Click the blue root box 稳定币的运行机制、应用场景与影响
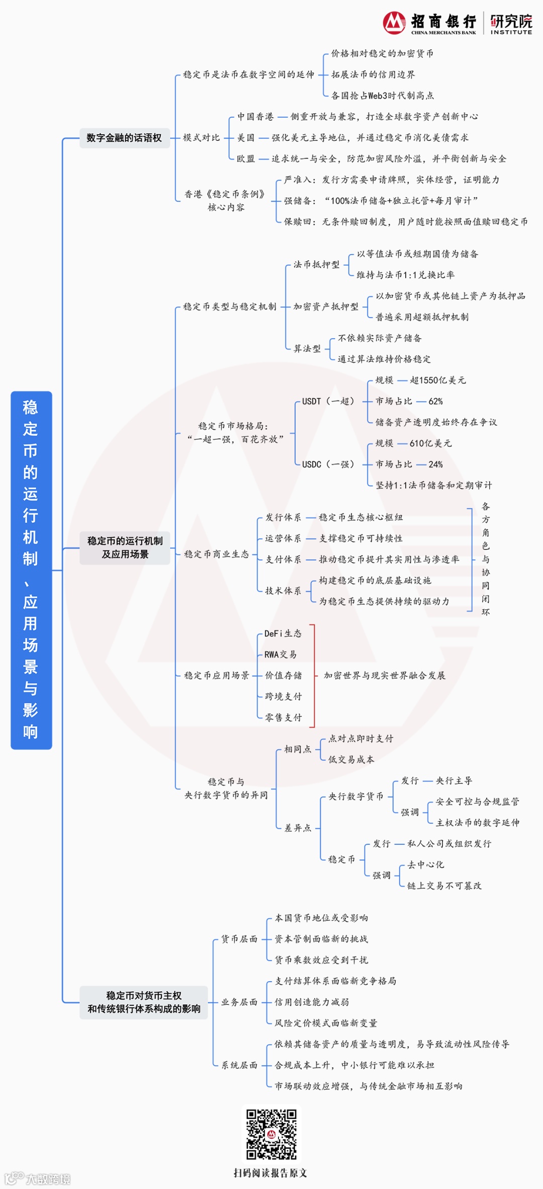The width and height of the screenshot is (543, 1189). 31,570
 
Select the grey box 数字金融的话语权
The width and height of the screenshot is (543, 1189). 124,138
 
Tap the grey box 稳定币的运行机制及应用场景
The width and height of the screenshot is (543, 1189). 125,547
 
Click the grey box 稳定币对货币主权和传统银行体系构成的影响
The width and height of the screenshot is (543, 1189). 144,1002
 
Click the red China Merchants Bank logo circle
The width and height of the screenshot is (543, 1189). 394,23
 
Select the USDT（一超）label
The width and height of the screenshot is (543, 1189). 328,401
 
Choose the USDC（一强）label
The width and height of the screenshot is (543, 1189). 328,464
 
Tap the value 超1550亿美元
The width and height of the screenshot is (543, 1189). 438,380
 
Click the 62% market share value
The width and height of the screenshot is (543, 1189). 435,401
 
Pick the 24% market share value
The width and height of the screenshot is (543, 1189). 435,464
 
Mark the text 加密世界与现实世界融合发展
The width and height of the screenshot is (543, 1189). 385,675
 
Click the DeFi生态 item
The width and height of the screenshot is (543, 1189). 283,633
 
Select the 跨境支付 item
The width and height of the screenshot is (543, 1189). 284,696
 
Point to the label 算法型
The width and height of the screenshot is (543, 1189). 307,348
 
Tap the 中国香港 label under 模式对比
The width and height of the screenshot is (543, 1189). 255,117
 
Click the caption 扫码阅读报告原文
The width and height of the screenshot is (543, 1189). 270,1173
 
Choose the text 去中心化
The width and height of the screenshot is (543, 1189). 426,864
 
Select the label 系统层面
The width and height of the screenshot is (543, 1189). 239,1065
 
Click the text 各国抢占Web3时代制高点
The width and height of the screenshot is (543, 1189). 383,96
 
